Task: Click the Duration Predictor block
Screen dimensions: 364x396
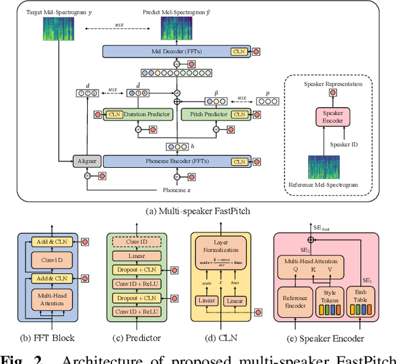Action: [133, 114]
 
